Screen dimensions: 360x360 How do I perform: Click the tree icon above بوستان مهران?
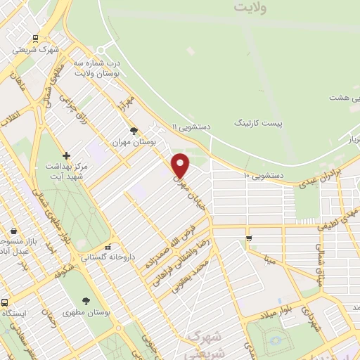pos(134,130)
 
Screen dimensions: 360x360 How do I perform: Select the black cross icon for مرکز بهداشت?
pos(66,155)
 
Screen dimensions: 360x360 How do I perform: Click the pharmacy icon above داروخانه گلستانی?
pos(107,247)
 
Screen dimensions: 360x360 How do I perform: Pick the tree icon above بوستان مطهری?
pos(86,300)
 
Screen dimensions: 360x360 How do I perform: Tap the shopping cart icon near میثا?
pos(249,240)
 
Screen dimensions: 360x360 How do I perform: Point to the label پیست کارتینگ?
pos(259,123)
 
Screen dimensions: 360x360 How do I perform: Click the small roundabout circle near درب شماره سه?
pos(101,49)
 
